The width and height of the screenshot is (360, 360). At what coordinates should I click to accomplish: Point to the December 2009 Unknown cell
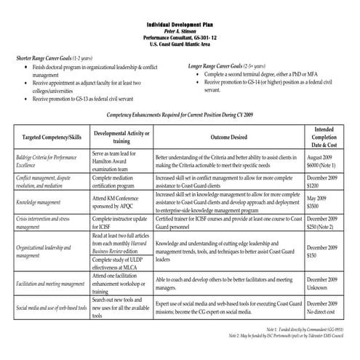click(x=322, y=283)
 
